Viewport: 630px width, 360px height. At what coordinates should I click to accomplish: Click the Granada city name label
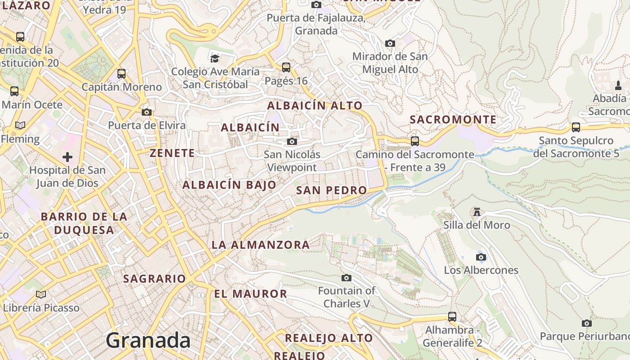148,341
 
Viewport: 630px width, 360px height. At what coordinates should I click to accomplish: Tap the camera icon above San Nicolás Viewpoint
292,142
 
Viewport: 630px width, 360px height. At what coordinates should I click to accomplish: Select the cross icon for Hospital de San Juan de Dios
67,157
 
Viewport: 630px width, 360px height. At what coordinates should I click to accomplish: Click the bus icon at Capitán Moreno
121,74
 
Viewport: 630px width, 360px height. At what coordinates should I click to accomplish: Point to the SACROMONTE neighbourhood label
453,120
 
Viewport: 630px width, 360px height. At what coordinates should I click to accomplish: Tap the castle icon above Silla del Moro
477,211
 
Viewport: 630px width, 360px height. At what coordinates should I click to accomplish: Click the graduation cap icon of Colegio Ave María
215,58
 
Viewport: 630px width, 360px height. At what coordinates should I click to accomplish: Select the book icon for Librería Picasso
41,295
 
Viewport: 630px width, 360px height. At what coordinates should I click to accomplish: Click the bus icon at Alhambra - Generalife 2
452,316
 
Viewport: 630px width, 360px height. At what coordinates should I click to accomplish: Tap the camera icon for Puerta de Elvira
147,112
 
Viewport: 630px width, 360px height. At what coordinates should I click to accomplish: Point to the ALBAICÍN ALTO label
315,106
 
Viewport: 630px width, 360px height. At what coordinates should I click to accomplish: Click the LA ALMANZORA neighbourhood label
261,245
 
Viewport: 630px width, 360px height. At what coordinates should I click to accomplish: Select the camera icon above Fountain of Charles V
346,278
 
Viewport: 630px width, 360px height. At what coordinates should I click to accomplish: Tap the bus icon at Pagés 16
286,67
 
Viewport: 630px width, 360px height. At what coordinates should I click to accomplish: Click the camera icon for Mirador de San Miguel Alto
390,44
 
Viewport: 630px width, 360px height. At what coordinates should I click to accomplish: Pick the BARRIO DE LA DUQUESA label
84,223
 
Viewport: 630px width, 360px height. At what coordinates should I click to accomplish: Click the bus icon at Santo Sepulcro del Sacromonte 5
576,127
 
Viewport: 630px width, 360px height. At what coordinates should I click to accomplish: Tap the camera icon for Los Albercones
481,257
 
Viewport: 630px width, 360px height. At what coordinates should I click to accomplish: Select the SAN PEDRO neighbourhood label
332,190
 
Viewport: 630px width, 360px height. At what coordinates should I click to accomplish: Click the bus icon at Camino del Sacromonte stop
415,141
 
